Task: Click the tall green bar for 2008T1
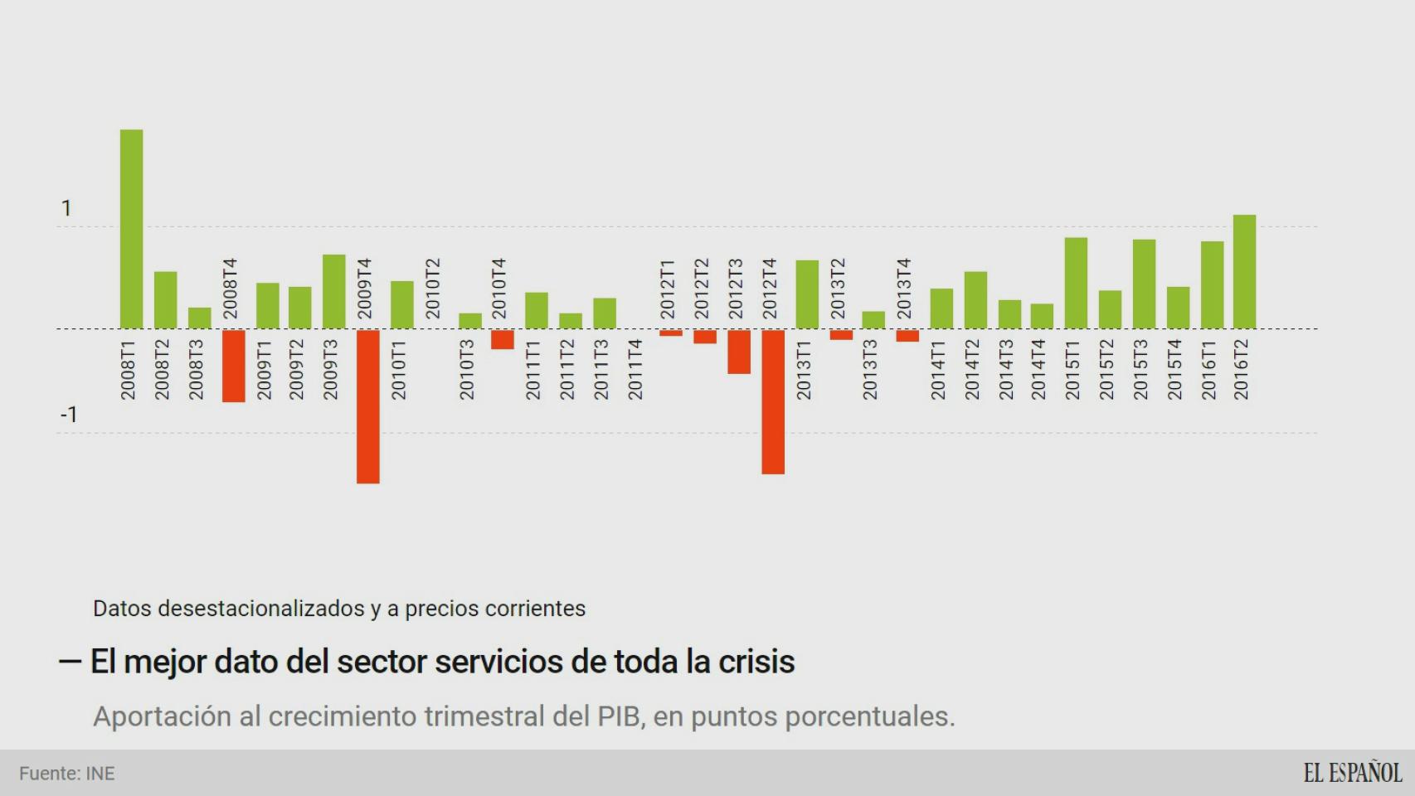coord(131,229)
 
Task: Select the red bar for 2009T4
coord(368,406)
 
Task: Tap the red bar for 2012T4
coord(773,402)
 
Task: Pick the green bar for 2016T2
coord(1244,272)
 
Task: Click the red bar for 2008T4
coord(233,366)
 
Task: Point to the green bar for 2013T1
coord(807,294)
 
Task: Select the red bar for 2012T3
coord(739,352)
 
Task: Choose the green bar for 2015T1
coord(1076,283)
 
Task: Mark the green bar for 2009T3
coord(333,291)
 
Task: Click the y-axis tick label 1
coord(66,208)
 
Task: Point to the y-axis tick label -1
coord(69,415)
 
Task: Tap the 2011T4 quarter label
coord(635,370)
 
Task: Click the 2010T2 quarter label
coord(433,289)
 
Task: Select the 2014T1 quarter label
coord(938,370)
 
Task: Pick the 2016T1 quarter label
coord(1208,370)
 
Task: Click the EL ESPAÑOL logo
coord(1352,773)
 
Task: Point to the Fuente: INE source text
coord(67,774)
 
